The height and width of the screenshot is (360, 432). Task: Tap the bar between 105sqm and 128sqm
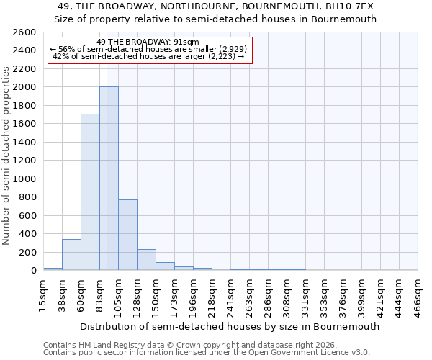click(x=127, y=235)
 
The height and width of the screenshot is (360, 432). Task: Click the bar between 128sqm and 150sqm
click(x=146, y=260)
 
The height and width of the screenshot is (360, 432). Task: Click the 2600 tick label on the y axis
click(x=24, y=32)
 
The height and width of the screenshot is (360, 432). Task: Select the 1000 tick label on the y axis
click(x=24, y=179)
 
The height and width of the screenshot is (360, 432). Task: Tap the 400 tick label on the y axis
click(x=27, y=233)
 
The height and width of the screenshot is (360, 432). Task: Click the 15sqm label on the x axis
click(x=43, y=295)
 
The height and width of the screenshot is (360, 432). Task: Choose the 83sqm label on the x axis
click(x=99, y=295)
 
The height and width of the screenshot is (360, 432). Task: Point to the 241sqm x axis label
click(x=230, y=295)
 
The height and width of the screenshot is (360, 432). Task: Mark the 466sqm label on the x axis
click(x=418, y=295)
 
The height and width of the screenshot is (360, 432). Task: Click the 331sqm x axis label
click(x=305, y=295)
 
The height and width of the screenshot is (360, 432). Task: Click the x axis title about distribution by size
click(x=230, y=326)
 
